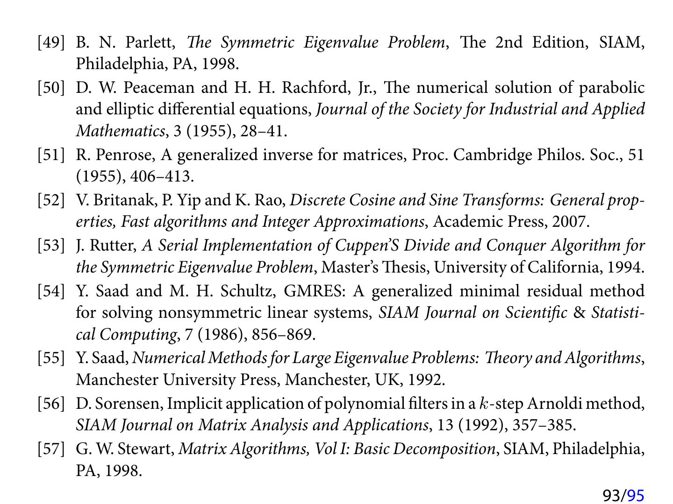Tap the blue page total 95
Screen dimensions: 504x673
click(x=636, y=495)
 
